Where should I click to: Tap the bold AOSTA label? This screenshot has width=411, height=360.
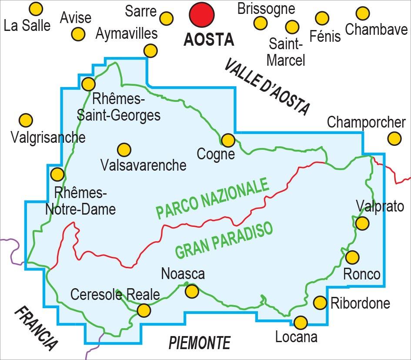click(x=209, y=40)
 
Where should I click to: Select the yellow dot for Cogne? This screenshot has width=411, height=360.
click(x=228, y=140)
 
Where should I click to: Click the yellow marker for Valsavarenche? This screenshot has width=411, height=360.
click(x=124, y=150)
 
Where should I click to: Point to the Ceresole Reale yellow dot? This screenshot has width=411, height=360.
click(x=144, y=310)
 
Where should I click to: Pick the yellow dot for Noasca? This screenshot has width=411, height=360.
click(x=191, y=291)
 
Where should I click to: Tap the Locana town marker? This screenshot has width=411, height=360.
click(x=301, y=323)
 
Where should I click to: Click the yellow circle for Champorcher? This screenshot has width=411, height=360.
click(x=394, y=139)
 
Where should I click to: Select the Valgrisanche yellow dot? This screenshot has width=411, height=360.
click(x=26, y=120)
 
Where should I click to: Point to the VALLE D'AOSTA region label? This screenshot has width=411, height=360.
click(x=268, y=87)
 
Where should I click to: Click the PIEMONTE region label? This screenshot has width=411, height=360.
click(x=199, y=343)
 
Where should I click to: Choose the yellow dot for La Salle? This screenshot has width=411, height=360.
click(x=36, y=9)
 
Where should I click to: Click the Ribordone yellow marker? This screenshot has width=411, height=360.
click(x=320, y=303)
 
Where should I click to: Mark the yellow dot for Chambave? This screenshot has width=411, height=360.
click(x=362, y=13)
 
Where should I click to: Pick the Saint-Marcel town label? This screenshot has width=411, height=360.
click(x=285, y=52)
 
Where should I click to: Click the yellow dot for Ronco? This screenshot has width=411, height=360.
click(x=352, y=257)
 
